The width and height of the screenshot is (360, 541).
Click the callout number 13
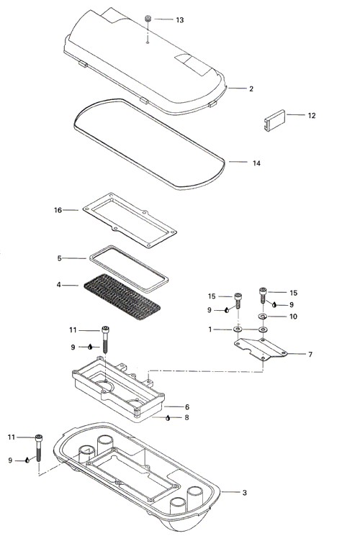point(180,20)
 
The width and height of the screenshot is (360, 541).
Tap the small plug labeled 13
point(148,19)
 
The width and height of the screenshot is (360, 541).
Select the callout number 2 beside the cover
point(251,88)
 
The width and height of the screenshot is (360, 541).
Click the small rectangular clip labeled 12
point(275,119)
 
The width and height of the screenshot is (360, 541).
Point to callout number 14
point(256,163)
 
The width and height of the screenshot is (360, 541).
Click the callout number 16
point(58,210)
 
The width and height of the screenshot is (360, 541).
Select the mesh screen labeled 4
point(122,296)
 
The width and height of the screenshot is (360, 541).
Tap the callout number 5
point(59,258)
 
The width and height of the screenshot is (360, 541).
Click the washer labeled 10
point(262,317)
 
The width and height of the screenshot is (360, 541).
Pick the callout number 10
point(293,317)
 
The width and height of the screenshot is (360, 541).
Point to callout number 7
point(310,355)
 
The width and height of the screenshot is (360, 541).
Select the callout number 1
point(210,329)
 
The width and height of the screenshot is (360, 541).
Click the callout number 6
point(187,407)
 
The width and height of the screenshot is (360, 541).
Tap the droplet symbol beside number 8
point(168,418)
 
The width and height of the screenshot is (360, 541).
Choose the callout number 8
point(186,417)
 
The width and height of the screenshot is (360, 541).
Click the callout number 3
point(245,493)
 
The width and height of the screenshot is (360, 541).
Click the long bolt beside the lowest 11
point(39,448)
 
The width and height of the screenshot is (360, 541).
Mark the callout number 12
point(312,116)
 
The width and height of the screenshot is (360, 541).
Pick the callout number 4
point(58,285)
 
